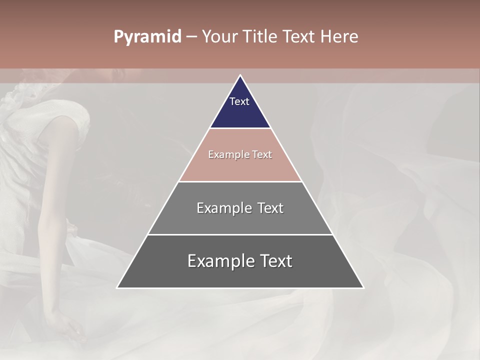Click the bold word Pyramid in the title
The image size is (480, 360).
coord(147,37)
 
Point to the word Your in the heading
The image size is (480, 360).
coord(219,36)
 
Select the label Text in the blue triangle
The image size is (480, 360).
coord(239,101)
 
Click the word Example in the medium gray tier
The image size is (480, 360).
coord(219,208)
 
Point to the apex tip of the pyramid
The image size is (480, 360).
coord(240,76)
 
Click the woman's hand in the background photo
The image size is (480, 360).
coord(70,327)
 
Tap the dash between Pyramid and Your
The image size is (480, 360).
coord(191,37)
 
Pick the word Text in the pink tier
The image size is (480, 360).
coord(262,154)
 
